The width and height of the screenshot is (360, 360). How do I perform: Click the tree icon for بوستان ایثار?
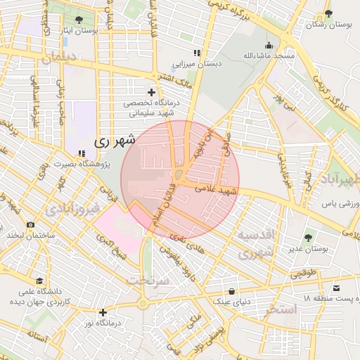pos(77,19)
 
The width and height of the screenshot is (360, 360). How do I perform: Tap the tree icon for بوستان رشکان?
pos(326,13)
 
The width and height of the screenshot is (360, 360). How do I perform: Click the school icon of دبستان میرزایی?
pos(197,53)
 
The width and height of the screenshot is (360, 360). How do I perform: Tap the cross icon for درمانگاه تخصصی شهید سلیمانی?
pos(151,92)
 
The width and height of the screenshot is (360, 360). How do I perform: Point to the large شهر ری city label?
pos(115,141)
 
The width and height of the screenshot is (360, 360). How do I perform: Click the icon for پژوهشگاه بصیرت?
pos(82,153)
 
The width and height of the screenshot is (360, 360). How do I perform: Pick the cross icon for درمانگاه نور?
pos(103,311)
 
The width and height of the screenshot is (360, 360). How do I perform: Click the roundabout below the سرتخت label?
pos(144,304)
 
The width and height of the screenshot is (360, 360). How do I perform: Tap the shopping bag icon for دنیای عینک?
pos(232,291)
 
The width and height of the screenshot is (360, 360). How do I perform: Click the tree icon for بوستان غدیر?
pos(308,238)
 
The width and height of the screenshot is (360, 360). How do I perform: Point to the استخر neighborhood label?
pos(278,309)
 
